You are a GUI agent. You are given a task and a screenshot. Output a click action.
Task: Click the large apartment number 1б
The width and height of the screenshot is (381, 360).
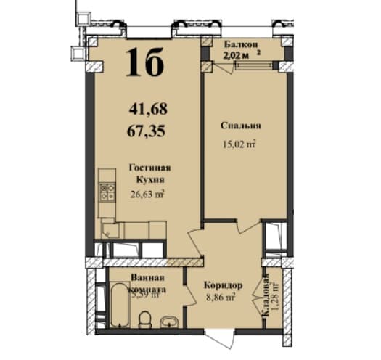[x=145, y=62]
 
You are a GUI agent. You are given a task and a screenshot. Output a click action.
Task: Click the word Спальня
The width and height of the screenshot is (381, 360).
[x=241, y=126]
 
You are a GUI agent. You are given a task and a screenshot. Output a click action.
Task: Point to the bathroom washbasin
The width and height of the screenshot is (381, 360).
[x=170, y=320]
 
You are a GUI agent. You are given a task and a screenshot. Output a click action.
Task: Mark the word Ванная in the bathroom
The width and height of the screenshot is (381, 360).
[x=147, y=277]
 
